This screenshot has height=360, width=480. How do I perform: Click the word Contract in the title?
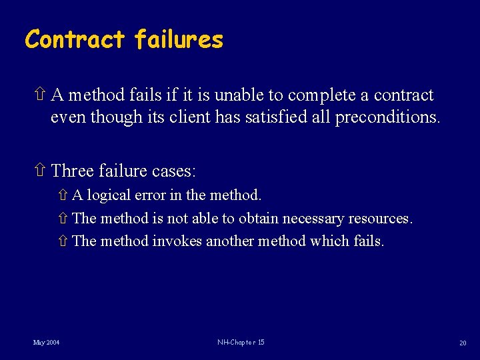(74, 39)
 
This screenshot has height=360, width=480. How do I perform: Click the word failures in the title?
(179, 39)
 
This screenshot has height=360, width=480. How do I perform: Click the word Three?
(73, 171)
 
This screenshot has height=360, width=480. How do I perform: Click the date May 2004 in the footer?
(47, 343)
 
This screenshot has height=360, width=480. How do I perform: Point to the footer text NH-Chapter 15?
(241, 342)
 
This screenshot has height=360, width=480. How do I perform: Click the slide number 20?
(462, 343)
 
